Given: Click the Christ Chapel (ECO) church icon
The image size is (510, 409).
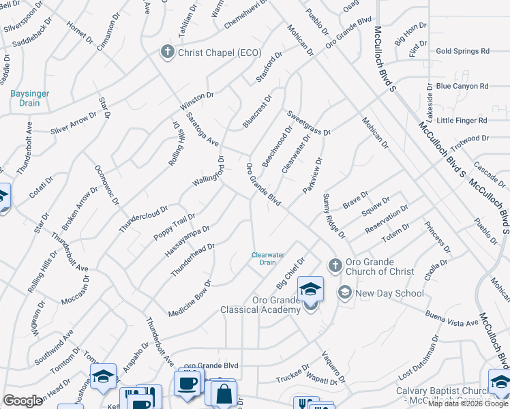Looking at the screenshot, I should pos(168,52).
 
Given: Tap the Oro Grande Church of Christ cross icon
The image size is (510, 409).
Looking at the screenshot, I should pos(335,265).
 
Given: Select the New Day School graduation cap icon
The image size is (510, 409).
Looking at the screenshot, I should pos(345,293).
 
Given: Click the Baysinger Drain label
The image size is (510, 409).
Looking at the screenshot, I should pos(25,98).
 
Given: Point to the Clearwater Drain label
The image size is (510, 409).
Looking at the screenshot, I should pos(267,258).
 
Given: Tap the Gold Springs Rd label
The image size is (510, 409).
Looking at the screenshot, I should pos(463,51).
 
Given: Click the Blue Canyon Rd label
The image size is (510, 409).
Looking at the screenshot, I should pos(462,87).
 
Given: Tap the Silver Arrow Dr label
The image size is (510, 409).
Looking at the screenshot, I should pos(74,123).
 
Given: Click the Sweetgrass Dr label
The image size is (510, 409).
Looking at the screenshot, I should pos(308,123).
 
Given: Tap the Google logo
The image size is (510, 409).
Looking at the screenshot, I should pos(23,401).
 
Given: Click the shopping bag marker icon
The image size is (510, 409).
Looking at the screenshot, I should pos(223,393).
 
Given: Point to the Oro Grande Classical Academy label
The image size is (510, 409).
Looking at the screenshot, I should pos(260,305).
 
